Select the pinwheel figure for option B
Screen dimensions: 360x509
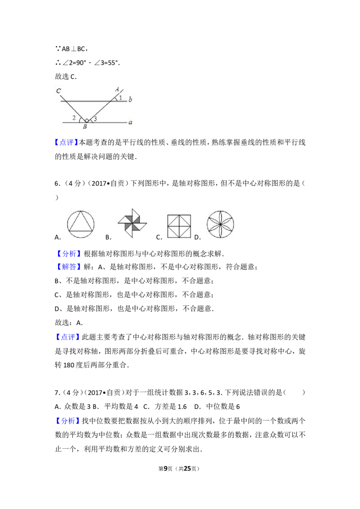click(132, 223)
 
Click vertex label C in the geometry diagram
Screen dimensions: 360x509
click(58, 91)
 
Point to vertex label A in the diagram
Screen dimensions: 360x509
click(117, 89)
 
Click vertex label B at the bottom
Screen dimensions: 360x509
click(85, 127)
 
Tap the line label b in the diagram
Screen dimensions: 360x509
click(130, 99)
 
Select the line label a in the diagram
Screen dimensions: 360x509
click(130, 123)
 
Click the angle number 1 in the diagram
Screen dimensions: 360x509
click(120, 98)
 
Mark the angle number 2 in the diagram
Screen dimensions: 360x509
click(74, 118)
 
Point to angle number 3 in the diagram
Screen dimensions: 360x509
click(95, 119)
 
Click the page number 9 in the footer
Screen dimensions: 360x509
click(166, 469)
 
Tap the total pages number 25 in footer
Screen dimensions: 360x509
click(187, 469)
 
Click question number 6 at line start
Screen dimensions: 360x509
click(56, 183)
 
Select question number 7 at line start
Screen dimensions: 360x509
click(56, 393)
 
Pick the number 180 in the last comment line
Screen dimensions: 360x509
click(69, 365)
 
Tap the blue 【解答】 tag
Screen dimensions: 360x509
click(67, 267)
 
